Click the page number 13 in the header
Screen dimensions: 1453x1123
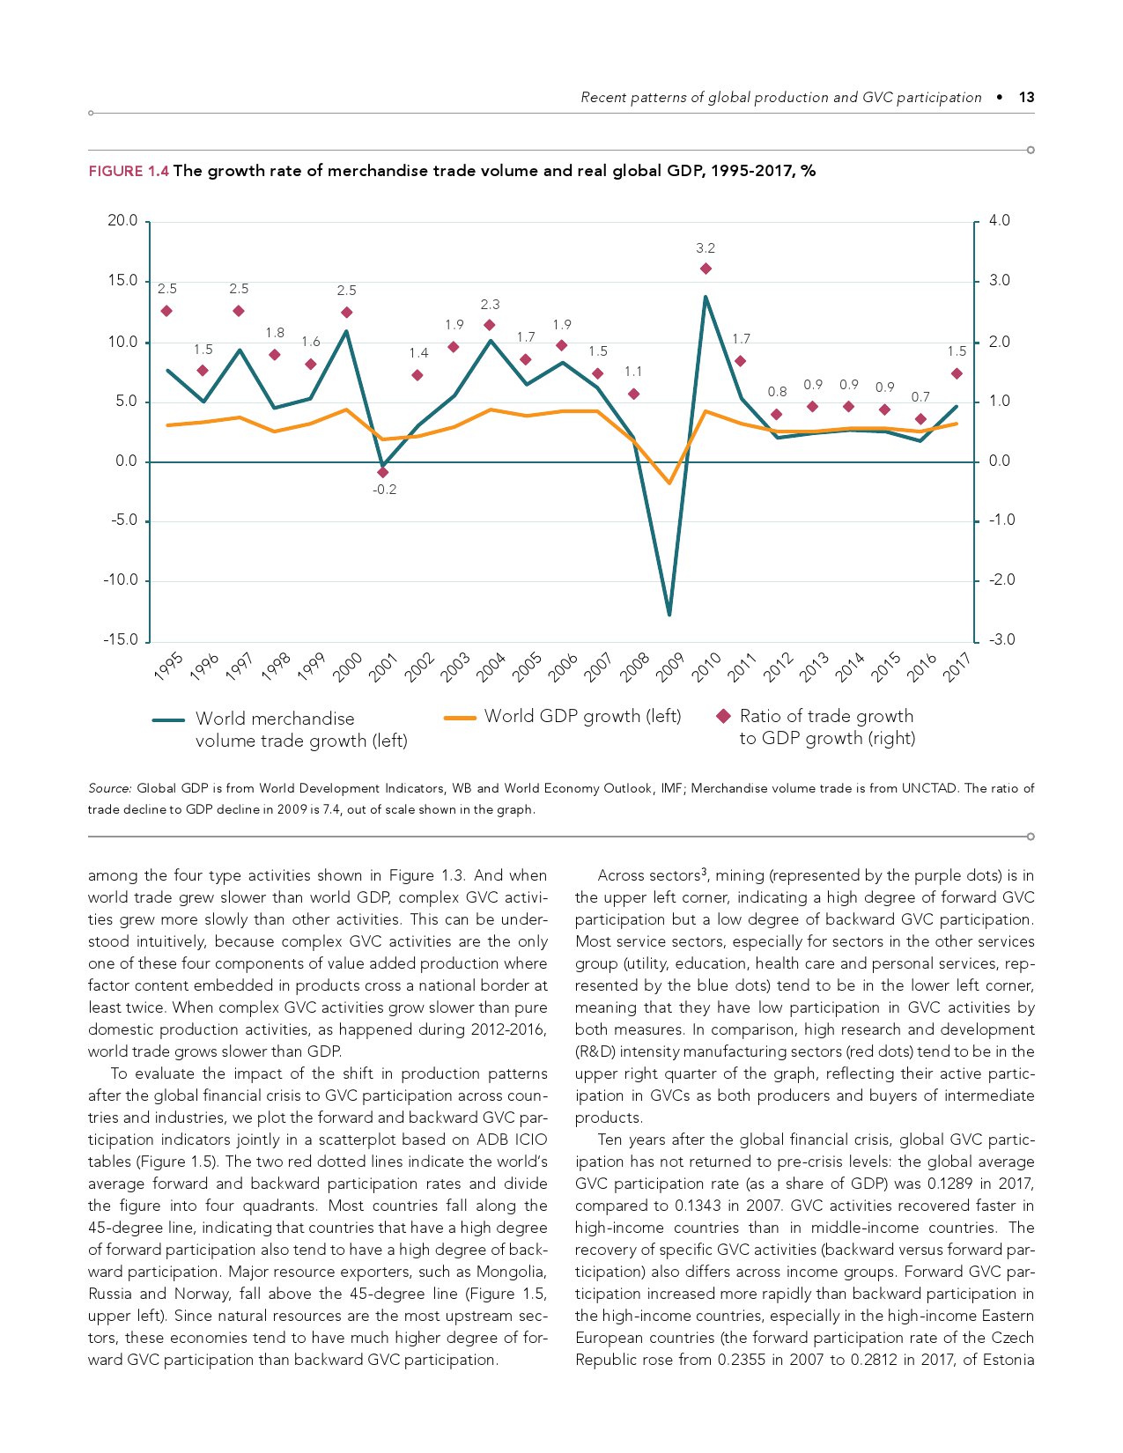tap(1026, 98)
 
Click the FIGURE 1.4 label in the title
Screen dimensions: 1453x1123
tap(128, 171)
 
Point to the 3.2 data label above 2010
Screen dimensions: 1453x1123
tap(706, 248)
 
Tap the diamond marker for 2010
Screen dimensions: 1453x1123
tap(706, 269)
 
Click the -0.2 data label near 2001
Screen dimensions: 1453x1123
tap(384, 490)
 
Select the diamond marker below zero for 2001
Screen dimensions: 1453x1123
tap(382, 473)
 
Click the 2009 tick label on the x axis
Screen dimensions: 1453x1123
tap(670, 667)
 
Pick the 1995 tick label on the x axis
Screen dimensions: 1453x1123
tap(167, 667)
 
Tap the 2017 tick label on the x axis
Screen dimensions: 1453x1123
tap(957, 667)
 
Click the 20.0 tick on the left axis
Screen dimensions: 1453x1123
tap(122, 221)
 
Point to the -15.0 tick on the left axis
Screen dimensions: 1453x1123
tap(121, 640)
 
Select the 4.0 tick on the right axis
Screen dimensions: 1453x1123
tap(1000, 221)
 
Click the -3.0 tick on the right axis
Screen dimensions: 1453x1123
tap(1000, 640)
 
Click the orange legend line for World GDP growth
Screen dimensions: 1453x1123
tap(460, 718)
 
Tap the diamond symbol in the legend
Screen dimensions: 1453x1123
tap(723, 716)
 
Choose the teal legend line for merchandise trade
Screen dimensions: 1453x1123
tap(168, 719)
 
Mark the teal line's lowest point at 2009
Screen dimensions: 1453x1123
tap(669, 614)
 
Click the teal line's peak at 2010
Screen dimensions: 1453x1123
tap(706, 297)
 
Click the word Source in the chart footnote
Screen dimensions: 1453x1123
tap(109, 788)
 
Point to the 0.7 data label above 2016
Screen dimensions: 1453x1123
tap(920, 397)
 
